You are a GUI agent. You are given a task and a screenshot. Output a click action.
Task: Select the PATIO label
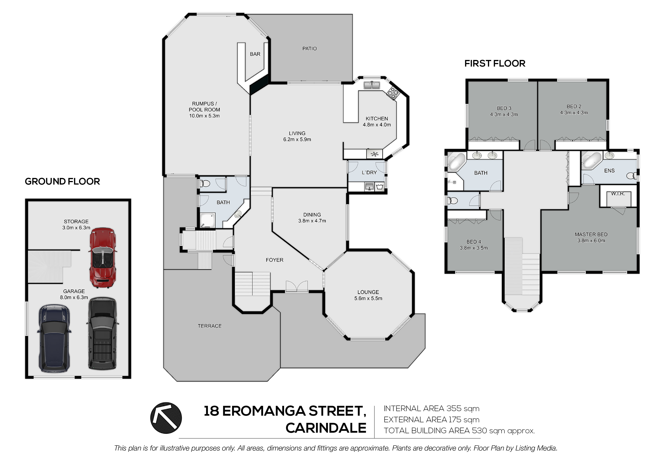click(x=310, y=49)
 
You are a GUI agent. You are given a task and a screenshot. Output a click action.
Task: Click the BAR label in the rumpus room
click(x=255, y=54)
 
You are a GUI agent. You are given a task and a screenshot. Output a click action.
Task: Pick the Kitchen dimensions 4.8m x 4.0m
click(x=377, y=125)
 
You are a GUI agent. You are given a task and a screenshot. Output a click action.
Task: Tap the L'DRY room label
click(x=369, y=172)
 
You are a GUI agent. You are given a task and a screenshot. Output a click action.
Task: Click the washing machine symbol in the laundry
click(x=380, y=187)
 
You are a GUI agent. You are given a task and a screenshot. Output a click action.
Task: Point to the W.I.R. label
click(x=618, y=194)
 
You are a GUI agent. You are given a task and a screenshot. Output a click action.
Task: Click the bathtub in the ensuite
click(x=591, y=160)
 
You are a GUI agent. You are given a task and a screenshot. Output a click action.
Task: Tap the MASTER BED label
click(x=591, y=234)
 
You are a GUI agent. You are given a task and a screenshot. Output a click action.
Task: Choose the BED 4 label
click(x=474, y=241)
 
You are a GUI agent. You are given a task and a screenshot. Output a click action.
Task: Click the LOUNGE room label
click(x=368, y=292)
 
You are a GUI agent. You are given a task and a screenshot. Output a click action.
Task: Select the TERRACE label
click(x=210, y=326)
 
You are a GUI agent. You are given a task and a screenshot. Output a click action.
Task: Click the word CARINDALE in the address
click(x=326, y=428)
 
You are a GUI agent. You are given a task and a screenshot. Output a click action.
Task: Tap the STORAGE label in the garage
click(x=76, y=222)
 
